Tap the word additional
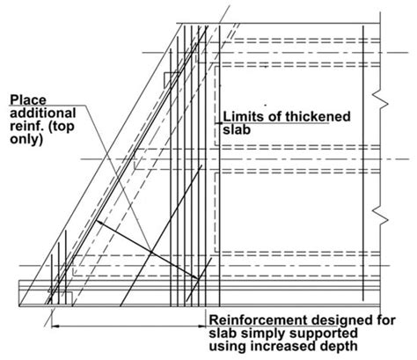(40, 113)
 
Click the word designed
(350, 319)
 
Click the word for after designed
(387, 319)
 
